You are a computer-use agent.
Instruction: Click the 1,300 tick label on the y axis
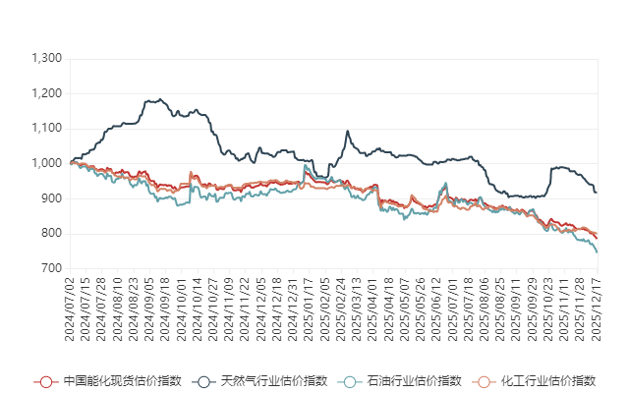click(47, 59)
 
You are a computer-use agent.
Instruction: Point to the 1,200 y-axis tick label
click(47, 93)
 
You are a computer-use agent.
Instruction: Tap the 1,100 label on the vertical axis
click(47, 129)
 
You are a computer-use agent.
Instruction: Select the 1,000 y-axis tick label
click(47, 163)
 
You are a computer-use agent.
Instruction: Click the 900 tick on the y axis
click(52, 198)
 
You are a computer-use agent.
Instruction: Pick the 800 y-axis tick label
click(52, 234)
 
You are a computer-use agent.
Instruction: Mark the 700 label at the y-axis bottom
click(52, 268)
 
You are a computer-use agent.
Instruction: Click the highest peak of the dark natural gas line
click(155, 99)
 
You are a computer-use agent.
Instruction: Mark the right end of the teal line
click(598, 253)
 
